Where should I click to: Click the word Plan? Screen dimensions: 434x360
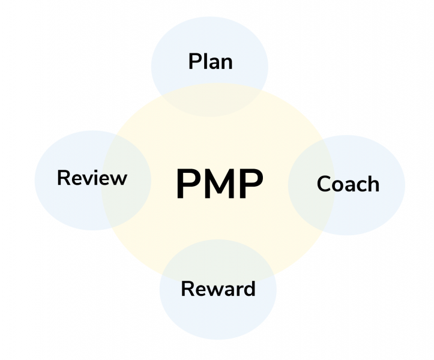pyautogui.click(x=210, y=61)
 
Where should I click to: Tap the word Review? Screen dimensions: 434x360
pyautogui.click(x=92, y=178)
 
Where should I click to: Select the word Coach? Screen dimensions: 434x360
pyautogui.click(x=348, y=184)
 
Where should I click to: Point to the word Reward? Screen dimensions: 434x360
pyautogui.click(x=218, y=289)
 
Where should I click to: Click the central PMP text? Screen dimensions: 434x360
pyautogui.click(x=220, y=184)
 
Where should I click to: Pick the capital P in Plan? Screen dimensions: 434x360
pyautogui.click(x=194, y=61)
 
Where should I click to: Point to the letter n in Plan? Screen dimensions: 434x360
pyautogui.click(x=227, y=64)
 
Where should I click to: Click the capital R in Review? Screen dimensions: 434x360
pyautogui.click(x=64, y=178)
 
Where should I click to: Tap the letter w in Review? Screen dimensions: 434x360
pyautogui.click(x=118, y=179)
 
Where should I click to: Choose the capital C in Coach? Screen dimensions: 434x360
pyautogui.click(x=324, y=184)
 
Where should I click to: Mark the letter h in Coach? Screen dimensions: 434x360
pyautogui.click(x=373, y=184)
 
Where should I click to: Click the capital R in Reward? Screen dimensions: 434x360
pyautogui.click(x=188, y=289)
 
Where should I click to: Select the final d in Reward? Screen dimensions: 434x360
pyautogui.click(x=249, y=289)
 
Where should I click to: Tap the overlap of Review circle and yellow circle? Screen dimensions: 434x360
pyautogui.click(x=127, y=181)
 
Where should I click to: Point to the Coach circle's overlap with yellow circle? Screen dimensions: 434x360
pyautogui.click(x=311, y=185)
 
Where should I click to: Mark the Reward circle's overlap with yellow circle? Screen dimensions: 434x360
pyautogui.click(x=218, y=258)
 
